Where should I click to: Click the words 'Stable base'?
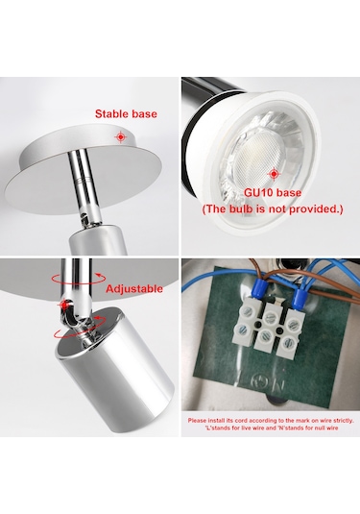tap(126, 113)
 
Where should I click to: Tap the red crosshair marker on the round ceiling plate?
tap(121, 136)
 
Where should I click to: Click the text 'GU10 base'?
tap(273, 192)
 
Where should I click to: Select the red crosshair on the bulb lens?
tap(274, 174)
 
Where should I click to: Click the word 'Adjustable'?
tap(134, 289)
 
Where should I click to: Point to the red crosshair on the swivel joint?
tap(64, 305)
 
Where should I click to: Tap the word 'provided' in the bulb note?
tap(314, 208)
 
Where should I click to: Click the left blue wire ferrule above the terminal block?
tap(258, 287)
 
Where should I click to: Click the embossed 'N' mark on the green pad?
tap(279, 383)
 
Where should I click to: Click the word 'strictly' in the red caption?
tap(343, 420)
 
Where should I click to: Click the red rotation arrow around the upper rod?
tap(79, 279)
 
